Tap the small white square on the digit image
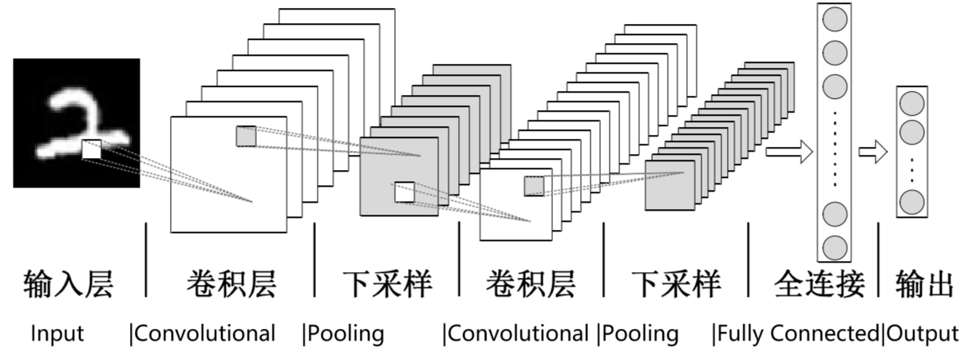coord(92,148)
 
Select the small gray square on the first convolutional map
coord(246,136)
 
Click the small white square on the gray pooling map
coord(405,192)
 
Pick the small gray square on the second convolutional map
coord(534,186)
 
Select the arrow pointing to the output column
coord(872,151)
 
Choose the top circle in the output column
coord(911,103)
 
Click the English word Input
coord(57,334)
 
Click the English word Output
coord(923,334)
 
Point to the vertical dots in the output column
coord(911,166)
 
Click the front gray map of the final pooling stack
coord(669,185)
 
